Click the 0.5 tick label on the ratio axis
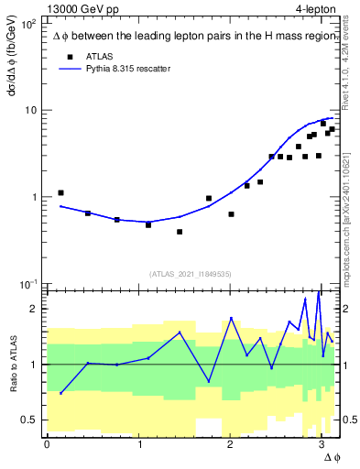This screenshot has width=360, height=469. pos(28,420)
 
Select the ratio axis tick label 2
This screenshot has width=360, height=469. pos(34,309)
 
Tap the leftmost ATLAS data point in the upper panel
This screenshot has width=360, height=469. pos(60,193)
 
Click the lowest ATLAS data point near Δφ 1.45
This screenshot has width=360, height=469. pos(180,232)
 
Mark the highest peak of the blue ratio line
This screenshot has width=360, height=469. pos(318,292)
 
